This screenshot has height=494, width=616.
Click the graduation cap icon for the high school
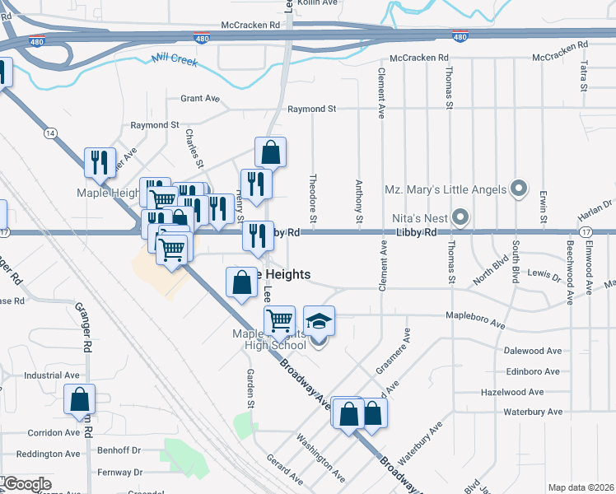pyautogui.click(x=320, y=321)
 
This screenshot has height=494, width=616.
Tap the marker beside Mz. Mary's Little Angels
pyautogui.click(x=519, y=190)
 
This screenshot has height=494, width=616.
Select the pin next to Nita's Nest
pyautogui.click(x=460, y=218)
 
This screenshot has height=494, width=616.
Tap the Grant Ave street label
pyautogui.click(x=200, y=98)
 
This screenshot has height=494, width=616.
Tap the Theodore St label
pyautogui.click(x=313, y=198)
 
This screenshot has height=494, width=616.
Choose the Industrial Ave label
pyautogui.click(x=51, y=375)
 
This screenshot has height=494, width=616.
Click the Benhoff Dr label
pyautogui.click(x=119, y=450)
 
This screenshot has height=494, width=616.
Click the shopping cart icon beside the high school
pyautogui.click(x=280, y=320)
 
